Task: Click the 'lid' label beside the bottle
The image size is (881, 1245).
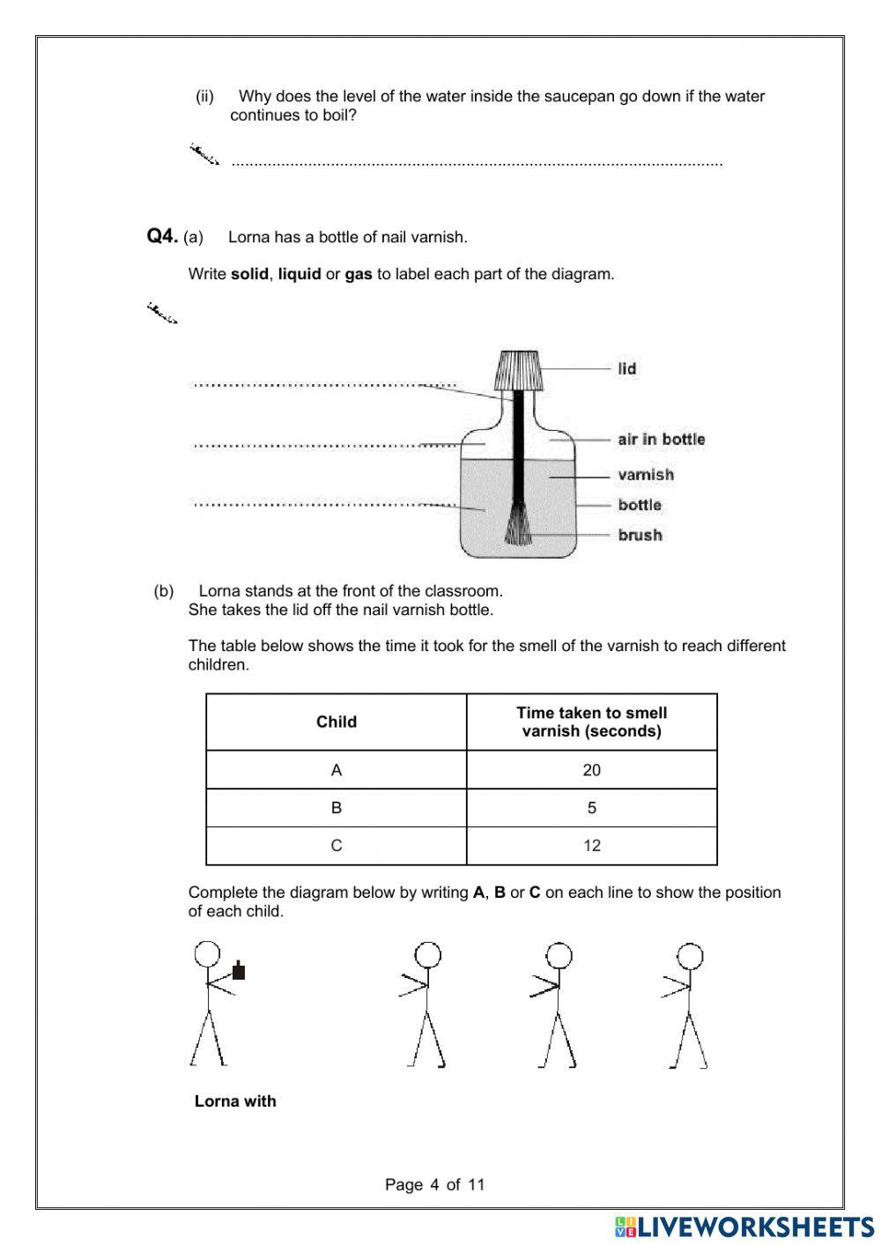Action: (x=626, y=368)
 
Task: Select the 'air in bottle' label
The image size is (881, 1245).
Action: (x=661, y=439)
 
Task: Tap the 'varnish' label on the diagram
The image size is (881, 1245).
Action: (x=645, y=475)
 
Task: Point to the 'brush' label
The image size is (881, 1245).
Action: (x=640, y=535)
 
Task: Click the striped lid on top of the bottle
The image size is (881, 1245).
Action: (x=518, y=370)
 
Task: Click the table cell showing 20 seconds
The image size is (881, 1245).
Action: (x=591, y=770)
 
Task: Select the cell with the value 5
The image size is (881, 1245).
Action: (x=591, y=808)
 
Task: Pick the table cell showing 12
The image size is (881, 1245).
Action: (x=591, y=846)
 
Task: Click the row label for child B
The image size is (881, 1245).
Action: (x=336, y=808)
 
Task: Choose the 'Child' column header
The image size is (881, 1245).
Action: (x=336, y=722)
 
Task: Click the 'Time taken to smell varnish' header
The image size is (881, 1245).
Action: (x=591, y=722)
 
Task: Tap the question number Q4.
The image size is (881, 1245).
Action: (x=162, y=236)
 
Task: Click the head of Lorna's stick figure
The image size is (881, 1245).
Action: (x=207, y=954)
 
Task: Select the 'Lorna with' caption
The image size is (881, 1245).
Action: (x=235, y=1100)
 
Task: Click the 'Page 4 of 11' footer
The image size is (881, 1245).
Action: (x=434, y=1184)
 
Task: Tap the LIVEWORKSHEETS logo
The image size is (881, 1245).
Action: (x=744, y=1226)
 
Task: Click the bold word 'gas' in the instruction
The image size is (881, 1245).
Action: (x=358, y=274)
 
